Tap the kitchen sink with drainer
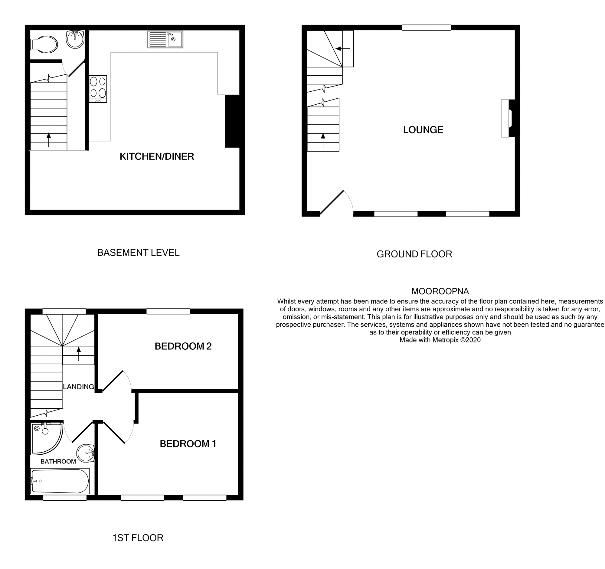[165, 39]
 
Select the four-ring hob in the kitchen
[98, 89]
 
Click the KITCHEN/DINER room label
[157, 156]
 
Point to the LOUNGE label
[423, 130]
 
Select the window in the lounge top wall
[426, 28]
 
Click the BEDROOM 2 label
[183, 346]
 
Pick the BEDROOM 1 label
[188, 444]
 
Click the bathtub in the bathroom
[60, 481]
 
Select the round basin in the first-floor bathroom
[86, 454]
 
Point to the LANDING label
[78, 387]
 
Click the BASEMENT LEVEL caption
[138, 253]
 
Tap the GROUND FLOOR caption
[414, 254]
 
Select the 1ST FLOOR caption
[138, 538]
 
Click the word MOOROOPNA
[440, 291]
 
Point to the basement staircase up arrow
[49, 139]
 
